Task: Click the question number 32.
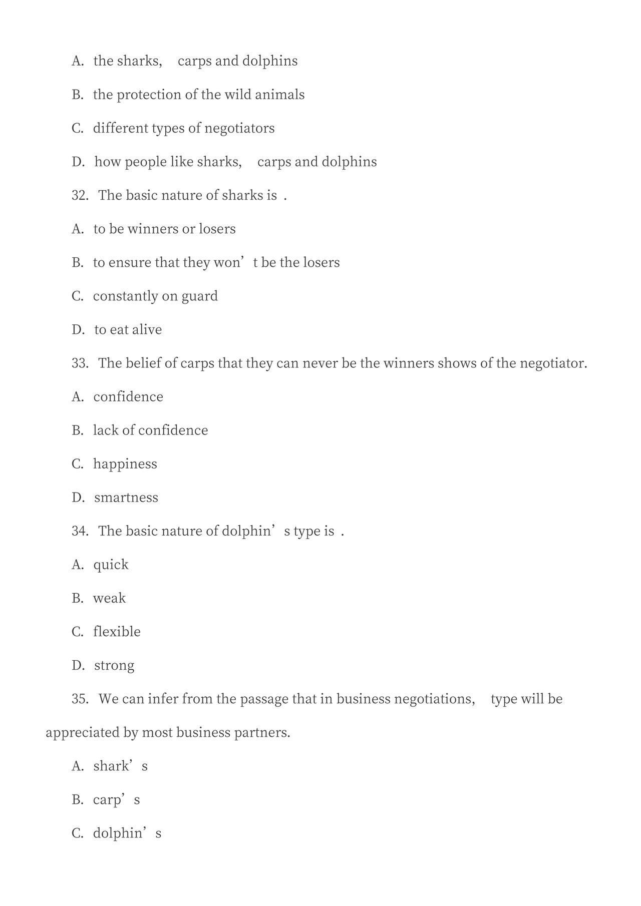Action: coord(80,195)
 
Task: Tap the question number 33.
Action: coord(80,363)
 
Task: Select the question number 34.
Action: coord(80,531)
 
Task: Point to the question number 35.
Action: coord(80,699)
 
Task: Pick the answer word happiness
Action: coord(125,464)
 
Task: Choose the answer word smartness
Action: coord(126,498)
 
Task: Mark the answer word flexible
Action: coord(117,632)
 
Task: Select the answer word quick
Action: coord(111,565)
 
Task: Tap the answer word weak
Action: coord(109,598)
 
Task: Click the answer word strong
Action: coord(114,666)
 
